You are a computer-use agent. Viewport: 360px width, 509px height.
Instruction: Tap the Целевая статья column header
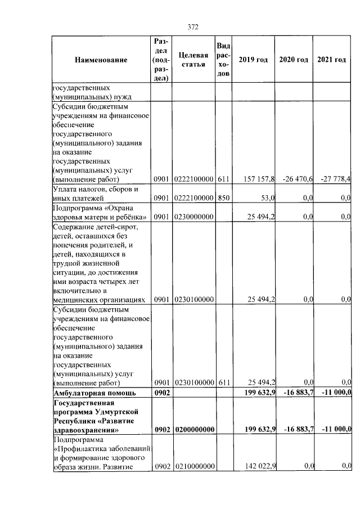tap(193, 60)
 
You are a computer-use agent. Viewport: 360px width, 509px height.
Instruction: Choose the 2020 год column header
tap(293, 60)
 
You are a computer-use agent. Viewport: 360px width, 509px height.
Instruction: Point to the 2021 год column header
tap(332, 60)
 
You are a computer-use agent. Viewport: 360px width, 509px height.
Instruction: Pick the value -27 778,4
tap(336, 179)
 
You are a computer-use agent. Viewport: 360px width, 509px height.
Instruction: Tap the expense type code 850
tap(223, 198)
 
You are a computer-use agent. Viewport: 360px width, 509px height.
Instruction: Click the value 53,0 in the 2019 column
tap(267, 198)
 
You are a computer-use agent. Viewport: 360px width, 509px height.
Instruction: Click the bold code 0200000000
tap(193, 430)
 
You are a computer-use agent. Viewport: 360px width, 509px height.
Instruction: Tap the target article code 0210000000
tap(193, 466)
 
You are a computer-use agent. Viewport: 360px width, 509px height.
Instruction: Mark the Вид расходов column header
tap(223, 60)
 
